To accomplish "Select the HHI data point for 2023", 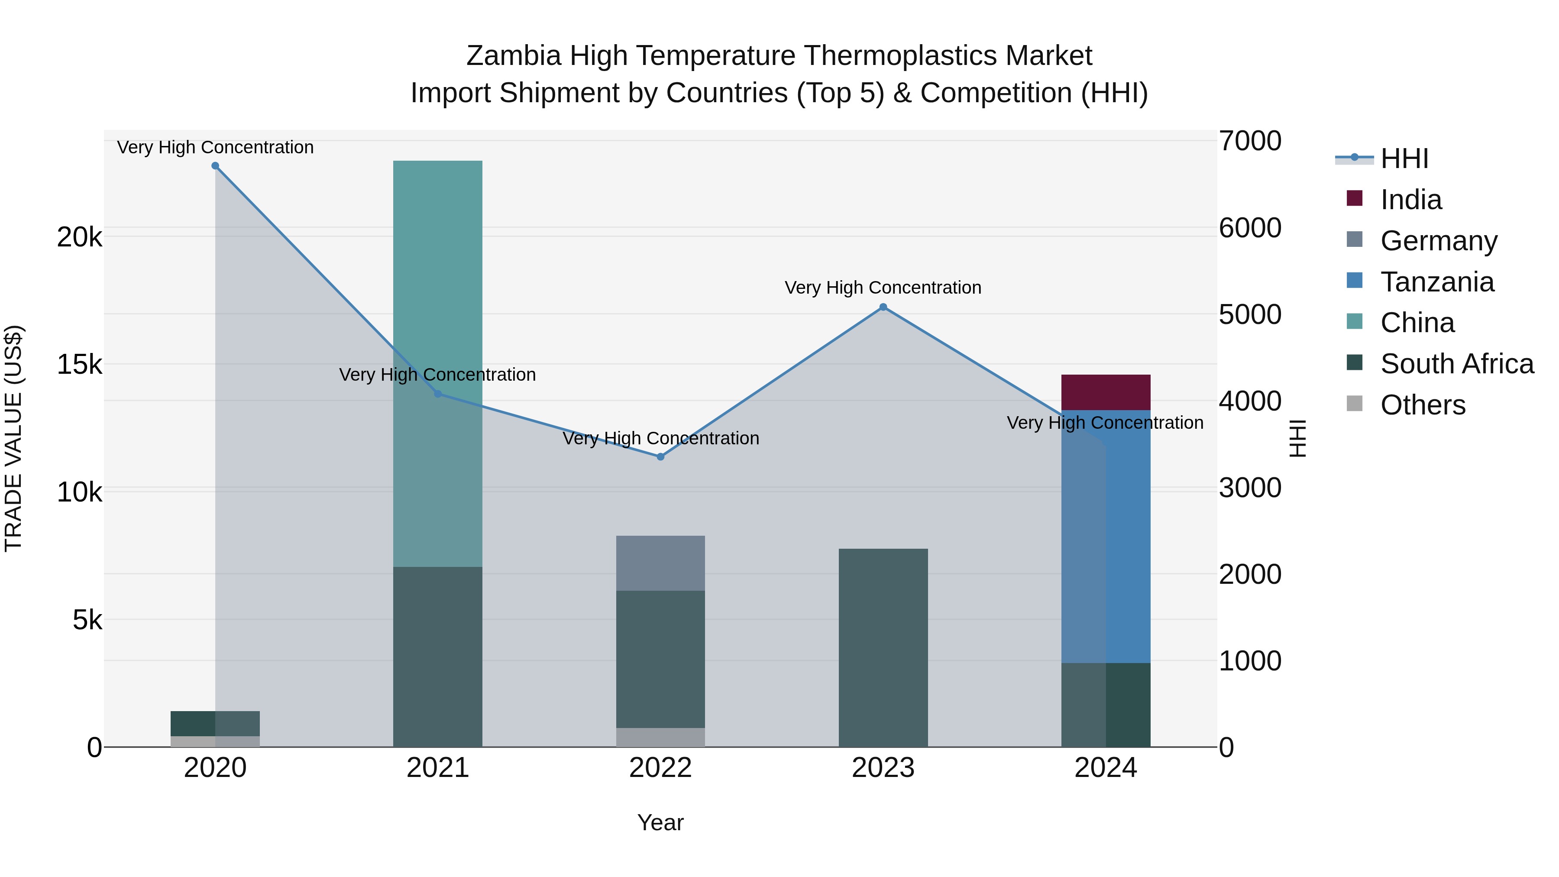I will point(883,307).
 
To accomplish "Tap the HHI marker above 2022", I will point(660,457).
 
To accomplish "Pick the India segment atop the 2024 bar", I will point(1106,392).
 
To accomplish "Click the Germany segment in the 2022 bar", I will point(660,563).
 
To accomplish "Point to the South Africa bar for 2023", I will point(883,647).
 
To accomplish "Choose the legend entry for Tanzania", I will point(1437,282).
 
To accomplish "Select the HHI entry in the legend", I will point(1404,159).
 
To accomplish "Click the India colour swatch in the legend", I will point(1355,198).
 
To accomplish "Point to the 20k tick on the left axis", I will point(80,237).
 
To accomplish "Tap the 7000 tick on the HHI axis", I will point(1250,141).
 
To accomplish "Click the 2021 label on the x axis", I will point(437,768).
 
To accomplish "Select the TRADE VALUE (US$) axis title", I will point(13,438).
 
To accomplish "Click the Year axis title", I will point(660,822).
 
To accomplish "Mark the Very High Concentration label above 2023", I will point(883,288).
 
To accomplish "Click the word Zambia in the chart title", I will point(513,56).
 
